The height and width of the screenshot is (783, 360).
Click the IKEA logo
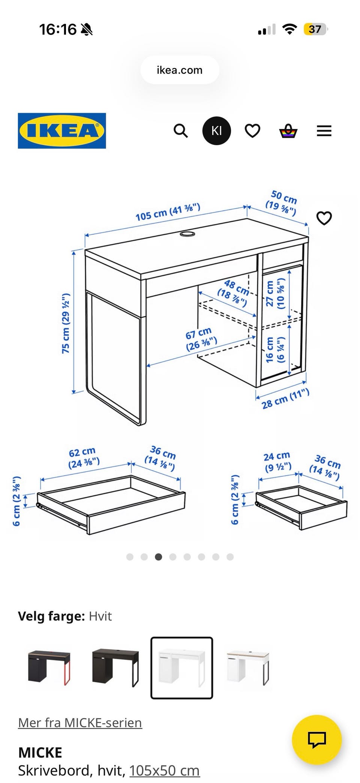[62, 131]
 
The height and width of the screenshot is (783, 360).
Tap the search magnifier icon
[181, 131]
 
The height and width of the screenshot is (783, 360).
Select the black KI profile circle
[216, 131]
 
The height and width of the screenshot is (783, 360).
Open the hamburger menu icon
[324, 131]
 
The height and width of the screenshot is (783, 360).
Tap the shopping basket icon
[288, 131]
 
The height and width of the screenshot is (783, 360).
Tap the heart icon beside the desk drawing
[324, 218]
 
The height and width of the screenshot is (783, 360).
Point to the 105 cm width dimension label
[168, 212]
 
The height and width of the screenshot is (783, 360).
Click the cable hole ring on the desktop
[187, 234]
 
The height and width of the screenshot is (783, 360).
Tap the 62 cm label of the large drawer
[84, 458]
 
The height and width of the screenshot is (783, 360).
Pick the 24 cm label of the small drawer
[277, 462]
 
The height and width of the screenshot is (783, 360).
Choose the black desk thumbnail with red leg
[49, 668]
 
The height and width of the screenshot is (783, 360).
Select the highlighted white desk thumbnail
[182, 668]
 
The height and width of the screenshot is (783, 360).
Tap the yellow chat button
[317, 740]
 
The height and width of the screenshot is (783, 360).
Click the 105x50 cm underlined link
[165, 770]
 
